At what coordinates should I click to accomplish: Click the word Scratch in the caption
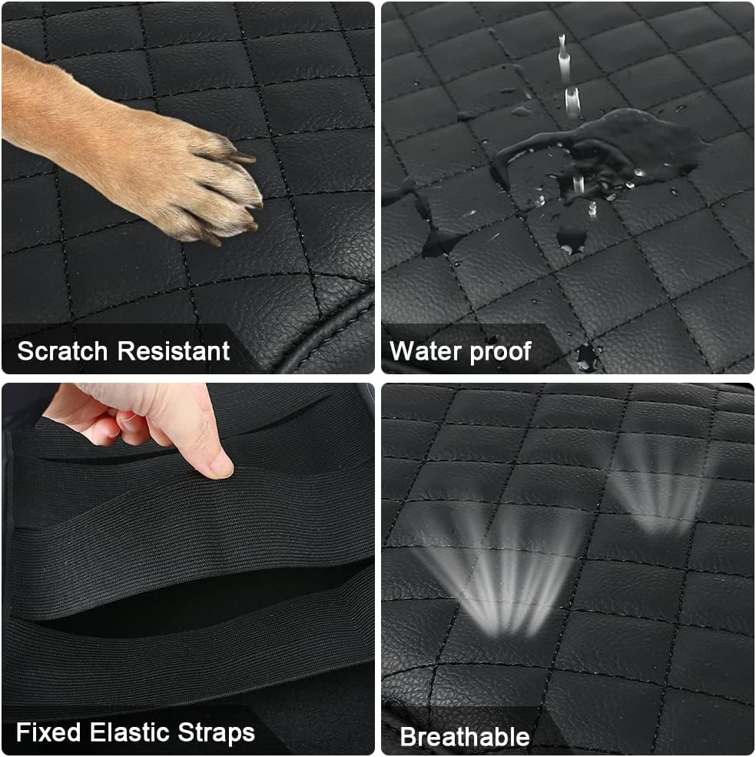click(62, 350)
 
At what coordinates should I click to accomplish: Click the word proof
click(501, 353)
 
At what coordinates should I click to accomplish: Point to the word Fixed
click(48, 732)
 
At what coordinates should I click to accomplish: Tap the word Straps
click(217, 733)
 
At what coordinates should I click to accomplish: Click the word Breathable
click(465, 737)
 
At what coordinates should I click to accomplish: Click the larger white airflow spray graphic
click(497, 575)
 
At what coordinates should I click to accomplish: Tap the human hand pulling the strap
click(145, 425)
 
